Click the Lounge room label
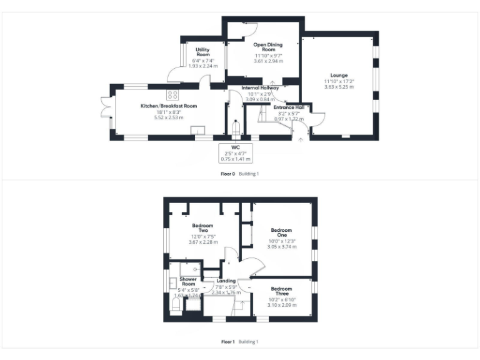[339, 76]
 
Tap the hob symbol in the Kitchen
[172, 95]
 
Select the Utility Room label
[202, 52]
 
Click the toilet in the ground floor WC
[235, 129]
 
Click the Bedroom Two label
[202, 228]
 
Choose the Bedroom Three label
[281, 291]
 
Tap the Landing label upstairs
[226, 281]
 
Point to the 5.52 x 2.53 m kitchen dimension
[169, 117]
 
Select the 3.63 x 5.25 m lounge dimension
[339, 87]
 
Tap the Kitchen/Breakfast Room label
[169, 106]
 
